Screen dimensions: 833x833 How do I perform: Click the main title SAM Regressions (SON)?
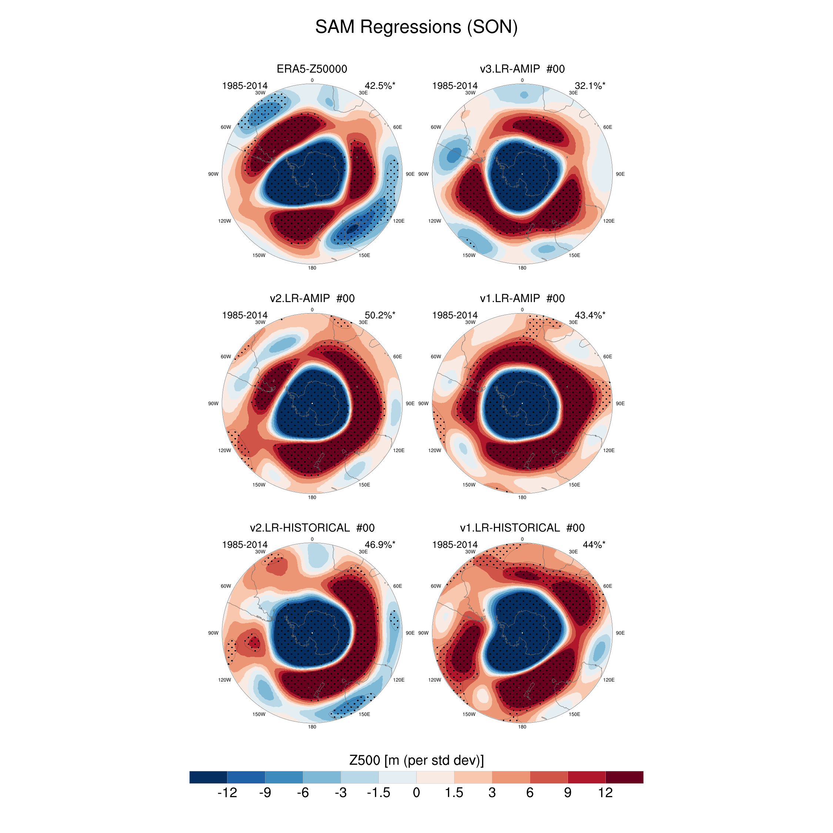click(x=416, y=27)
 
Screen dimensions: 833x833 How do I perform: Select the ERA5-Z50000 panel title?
click(x=312, y=69)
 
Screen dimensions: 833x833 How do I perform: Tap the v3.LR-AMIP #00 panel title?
click(x=522, y=69)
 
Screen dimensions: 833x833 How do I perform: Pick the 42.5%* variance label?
click(x=379, y=86)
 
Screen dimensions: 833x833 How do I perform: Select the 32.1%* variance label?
click(x=589, y=86)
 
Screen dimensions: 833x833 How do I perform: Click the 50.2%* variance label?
click(x=379, y=315)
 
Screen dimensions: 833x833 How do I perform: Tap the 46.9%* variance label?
click(x=379, y=545)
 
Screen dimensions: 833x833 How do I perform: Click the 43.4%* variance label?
click(x=589, y=315)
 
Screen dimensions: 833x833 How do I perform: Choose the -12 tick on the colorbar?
click(x=227, y=793)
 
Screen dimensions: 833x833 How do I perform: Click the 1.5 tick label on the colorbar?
click(x=454, y=793)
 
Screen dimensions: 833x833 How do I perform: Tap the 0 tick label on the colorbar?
click(x=416, y=793)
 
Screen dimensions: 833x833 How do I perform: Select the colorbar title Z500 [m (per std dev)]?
click(x=416, y=760)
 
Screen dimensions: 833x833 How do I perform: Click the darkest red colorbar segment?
click(x=624, y=777)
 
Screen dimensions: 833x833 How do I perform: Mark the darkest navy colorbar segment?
click(x=208, y=777)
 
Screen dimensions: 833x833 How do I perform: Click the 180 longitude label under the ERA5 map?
click(x=312, y=268)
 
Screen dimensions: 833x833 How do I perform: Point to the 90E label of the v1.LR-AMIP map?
click(x=620, y=404)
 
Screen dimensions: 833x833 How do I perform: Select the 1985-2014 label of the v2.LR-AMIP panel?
click(x=244, y=315)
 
